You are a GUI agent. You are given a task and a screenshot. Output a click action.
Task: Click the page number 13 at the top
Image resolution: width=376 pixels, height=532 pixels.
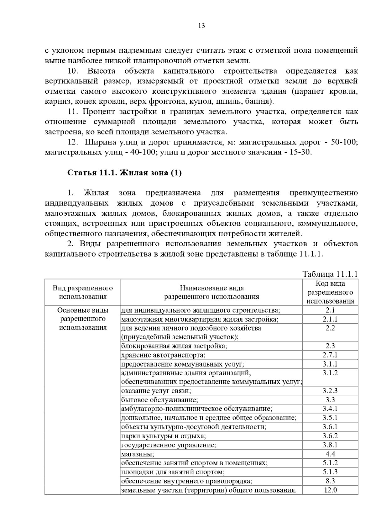(201, 26)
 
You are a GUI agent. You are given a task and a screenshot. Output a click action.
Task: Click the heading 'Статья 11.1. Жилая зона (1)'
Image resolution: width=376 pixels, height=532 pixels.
(124, 173)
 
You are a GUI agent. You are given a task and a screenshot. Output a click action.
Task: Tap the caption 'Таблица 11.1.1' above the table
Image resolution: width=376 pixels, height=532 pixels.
(330, 274)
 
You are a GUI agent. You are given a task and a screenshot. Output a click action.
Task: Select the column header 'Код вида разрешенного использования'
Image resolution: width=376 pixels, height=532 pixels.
(330, 292)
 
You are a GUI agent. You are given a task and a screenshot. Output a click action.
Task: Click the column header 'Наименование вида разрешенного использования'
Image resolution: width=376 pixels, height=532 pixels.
(211, 292)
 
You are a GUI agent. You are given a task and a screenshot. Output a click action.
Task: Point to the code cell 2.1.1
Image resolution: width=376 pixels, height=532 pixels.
(330, 319)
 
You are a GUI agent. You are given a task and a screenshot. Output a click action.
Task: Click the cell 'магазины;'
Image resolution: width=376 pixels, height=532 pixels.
(138, 454)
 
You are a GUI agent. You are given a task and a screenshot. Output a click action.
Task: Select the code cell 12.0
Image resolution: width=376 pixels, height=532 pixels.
(330, 490)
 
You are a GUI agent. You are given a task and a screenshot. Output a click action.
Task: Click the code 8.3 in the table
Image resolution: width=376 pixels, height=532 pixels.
(330, 481)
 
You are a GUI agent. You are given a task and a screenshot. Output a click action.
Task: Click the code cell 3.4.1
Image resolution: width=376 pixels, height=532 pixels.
(330, 409)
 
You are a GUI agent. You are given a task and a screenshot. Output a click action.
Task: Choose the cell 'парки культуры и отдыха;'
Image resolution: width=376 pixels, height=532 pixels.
(164, 436)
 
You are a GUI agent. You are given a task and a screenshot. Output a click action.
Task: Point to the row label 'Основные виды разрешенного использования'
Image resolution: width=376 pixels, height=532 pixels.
(83, 319)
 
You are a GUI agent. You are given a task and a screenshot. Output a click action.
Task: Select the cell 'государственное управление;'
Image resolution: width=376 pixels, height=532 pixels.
(169, 445)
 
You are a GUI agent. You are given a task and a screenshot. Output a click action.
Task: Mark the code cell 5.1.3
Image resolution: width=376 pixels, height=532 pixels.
(330, 472)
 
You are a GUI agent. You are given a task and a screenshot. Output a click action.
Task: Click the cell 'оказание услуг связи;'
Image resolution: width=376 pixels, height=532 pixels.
(156, 391)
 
